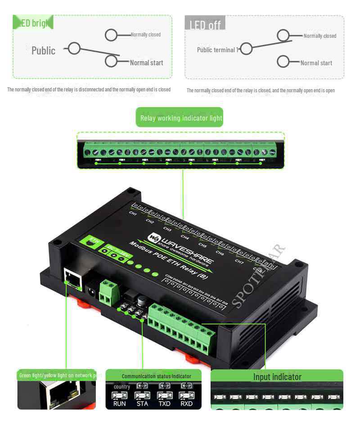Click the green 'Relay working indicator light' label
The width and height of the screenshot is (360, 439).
click(x=181, y=118)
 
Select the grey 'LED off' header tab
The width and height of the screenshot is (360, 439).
click(x=205, y=24)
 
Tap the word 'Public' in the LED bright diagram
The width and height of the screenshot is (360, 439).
click(x=43, y=50)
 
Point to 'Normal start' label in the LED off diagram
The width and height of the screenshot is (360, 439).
click(x=316, y=63)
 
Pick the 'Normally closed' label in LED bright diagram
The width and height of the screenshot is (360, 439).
click(x=145, y=35)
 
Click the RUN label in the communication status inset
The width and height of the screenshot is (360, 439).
click(x=120, y=403)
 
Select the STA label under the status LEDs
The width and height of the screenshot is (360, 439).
click(x=142, y=403)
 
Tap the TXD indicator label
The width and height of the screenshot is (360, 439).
click(x=164, y=403)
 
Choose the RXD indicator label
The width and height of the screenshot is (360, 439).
click(x=186, y=403)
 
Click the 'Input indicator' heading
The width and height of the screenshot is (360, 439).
click(x=277, y=377)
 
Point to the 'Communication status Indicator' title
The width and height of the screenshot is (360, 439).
click(x=156, y=376)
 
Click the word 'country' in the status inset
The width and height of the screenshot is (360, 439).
click(x=122, y=387)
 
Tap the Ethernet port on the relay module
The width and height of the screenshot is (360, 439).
click(x=72, y=277)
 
